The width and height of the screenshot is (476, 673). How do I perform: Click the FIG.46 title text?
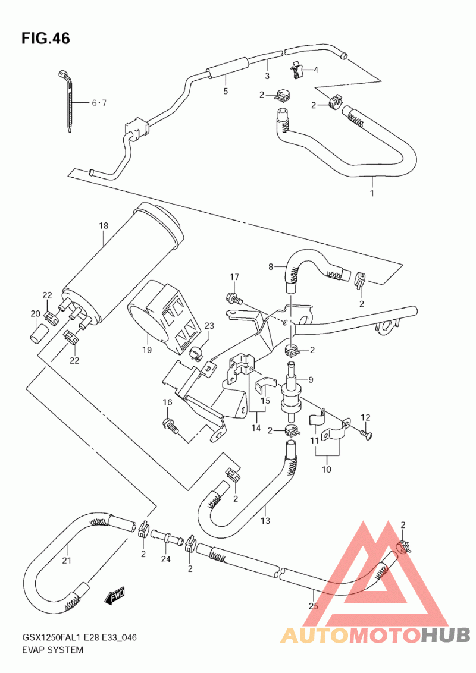[46, 39]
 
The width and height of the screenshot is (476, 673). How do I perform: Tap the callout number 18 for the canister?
[103, 226]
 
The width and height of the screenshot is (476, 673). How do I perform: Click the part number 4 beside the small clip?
[316, 70]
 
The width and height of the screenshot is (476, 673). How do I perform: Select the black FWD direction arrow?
[114, 596]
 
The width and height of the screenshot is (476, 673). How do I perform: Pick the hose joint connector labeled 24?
[166, 536]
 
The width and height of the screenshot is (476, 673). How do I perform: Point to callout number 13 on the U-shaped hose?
[265, 521]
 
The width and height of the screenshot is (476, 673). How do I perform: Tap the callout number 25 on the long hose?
[314, 606]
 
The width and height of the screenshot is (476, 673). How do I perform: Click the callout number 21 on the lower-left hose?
[67, 560]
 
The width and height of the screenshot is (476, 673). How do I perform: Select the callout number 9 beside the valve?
[311, 379]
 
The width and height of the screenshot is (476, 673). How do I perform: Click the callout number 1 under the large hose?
[372, 193]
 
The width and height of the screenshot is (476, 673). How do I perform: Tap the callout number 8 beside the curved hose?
[271, 267]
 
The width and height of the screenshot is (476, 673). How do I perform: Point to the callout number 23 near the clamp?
[209, 326]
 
